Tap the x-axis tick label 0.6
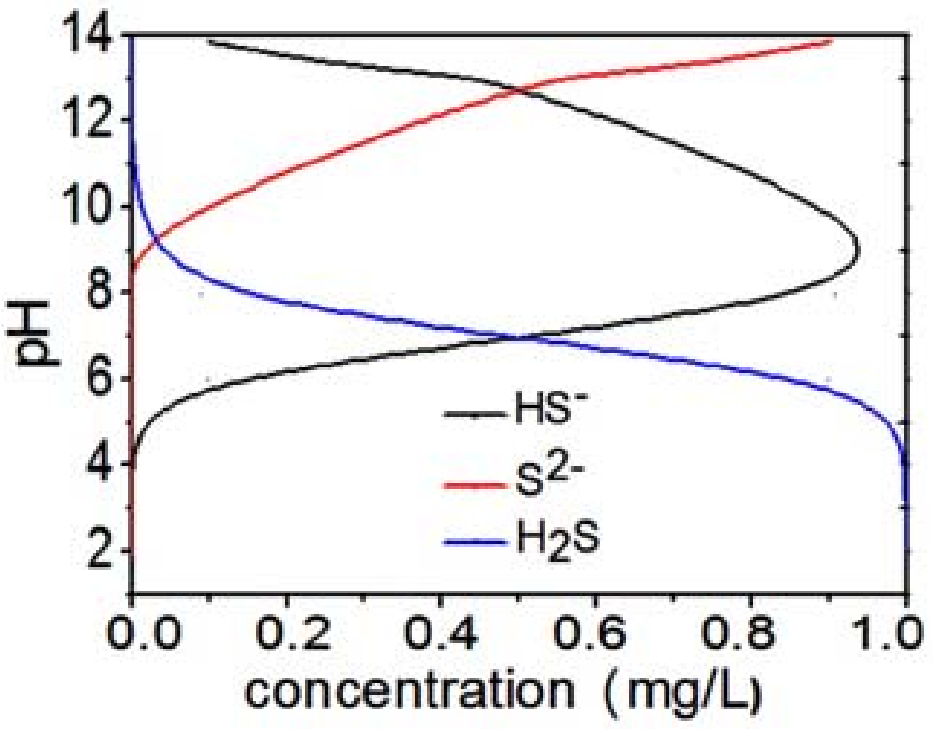coord(596,632)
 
